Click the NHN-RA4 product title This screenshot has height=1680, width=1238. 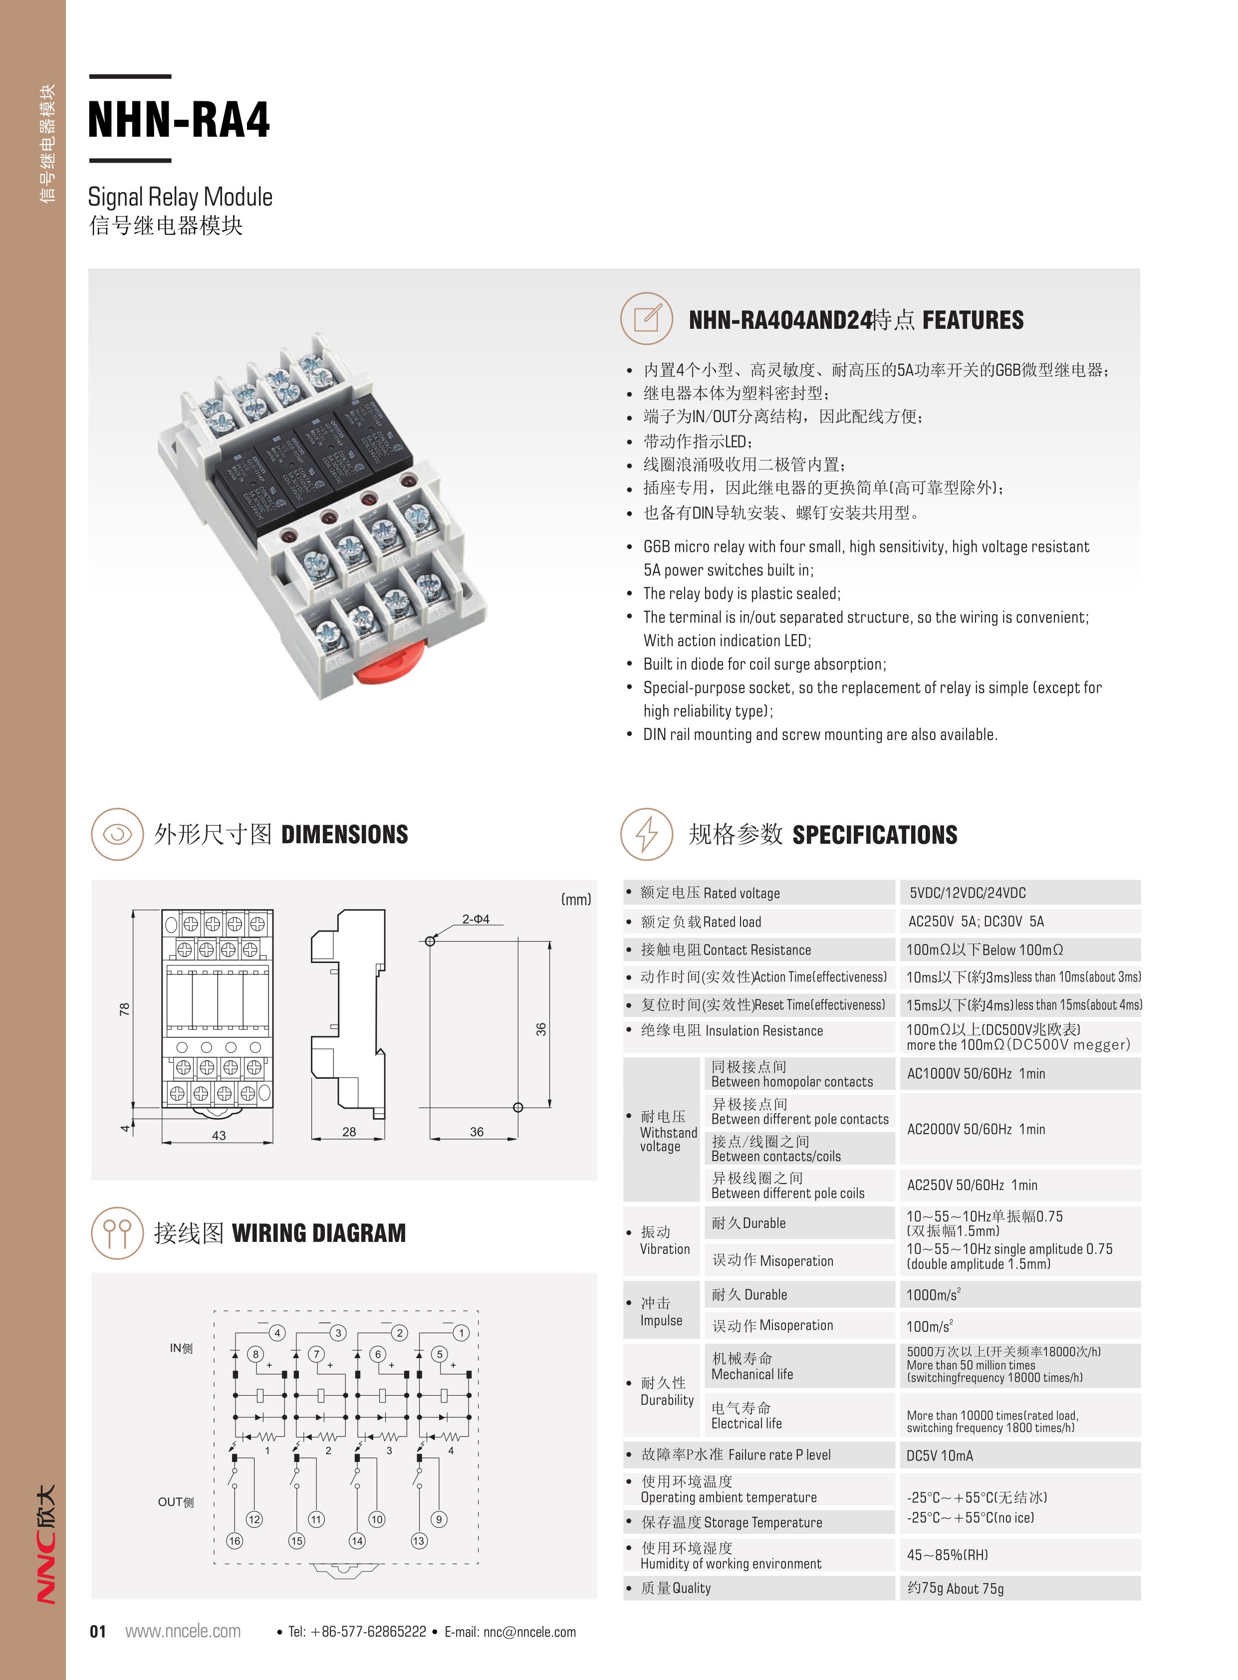[x=178, y=120]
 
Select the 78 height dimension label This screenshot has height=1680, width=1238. [x=124, y=1009]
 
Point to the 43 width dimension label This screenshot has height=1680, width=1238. [x=219, y=1135]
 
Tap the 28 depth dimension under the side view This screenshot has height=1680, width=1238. [x=349, y=1132]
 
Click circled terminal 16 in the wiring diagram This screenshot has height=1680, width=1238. [x=235, y=1541]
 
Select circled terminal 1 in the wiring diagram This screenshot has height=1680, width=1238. [x=462, y=1332]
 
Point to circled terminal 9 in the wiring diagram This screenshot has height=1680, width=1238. [x=439, y=1519]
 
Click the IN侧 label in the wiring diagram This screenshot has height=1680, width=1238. [x=181, y=1348]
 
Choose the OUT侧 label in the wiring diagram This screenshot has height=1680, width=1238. [x=176, y=1502]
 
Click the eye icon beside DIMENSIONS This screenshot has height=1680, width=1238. [x=117, y=834]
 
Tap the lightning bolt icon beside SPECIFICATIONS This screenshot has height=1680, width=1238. [x=647, y=834]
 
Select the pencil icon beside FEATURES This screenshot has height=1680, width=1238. [x=647, y=318]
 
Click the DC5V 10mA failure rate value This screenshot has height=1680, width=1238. [x=940, y=1455]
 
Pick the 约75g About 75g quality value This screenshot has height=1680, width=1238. [x=956, y=1588]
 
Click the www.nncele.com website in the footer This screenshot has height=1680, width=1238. [x=183, y=1631]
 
